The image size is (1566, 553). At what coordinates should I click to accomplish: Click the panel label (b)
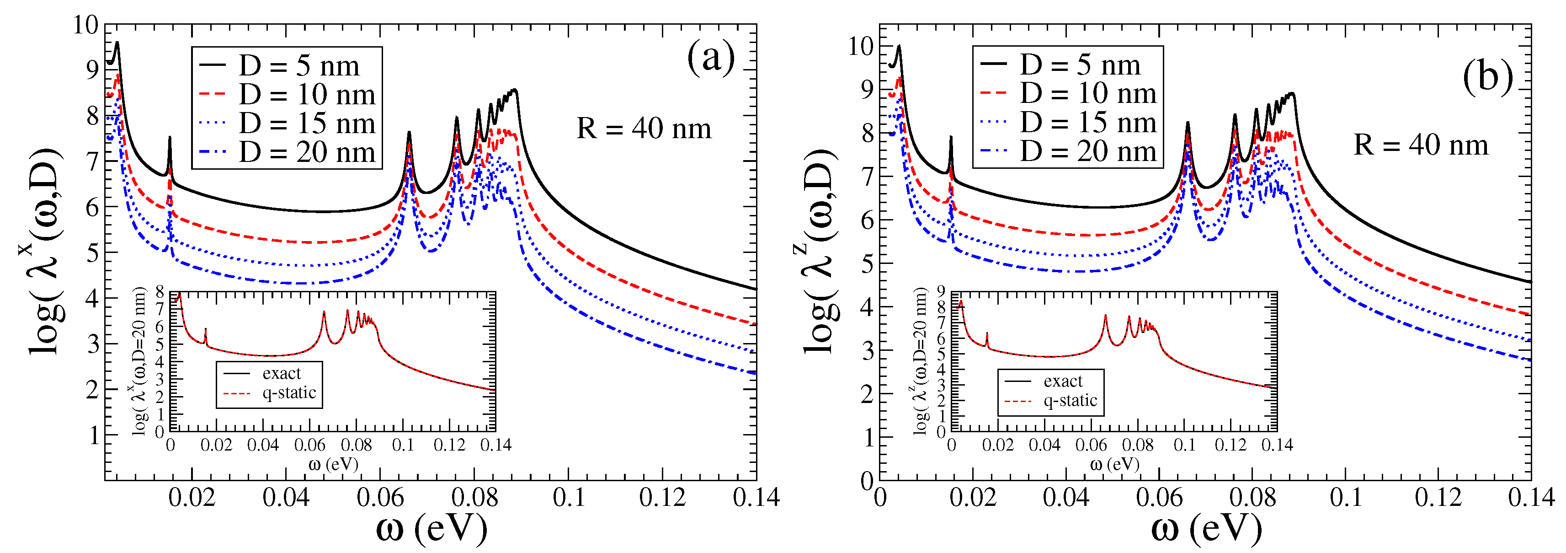[x=1487, y=78]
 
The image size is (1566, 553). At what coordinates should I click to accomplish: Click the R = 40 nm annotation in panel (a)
[x=643, y=129]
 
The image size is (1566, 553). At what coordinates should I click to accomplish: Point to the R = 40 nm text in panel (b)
[x=1421, y=145]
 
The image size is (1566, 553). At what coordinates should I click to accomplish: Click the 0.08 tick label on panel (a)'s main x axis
[x=474, y=498]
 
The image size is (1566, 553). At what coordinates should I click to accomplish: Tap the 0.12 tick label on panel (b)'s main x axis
[x=1437, y=498]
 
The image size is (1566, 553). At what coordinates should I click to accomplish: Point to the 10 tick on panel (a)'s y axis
[x=85, y=25]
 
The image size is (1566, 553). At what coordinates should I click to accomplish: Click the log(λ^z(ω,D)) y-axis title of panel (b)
[x=820, y=251]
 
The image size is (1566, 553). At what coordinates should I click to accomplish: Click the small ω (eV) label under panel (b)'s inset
[x=1114, y=465]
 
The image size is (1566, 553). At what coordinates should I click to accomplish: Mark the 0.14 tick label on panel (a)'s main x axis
[x=756, y=498]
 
